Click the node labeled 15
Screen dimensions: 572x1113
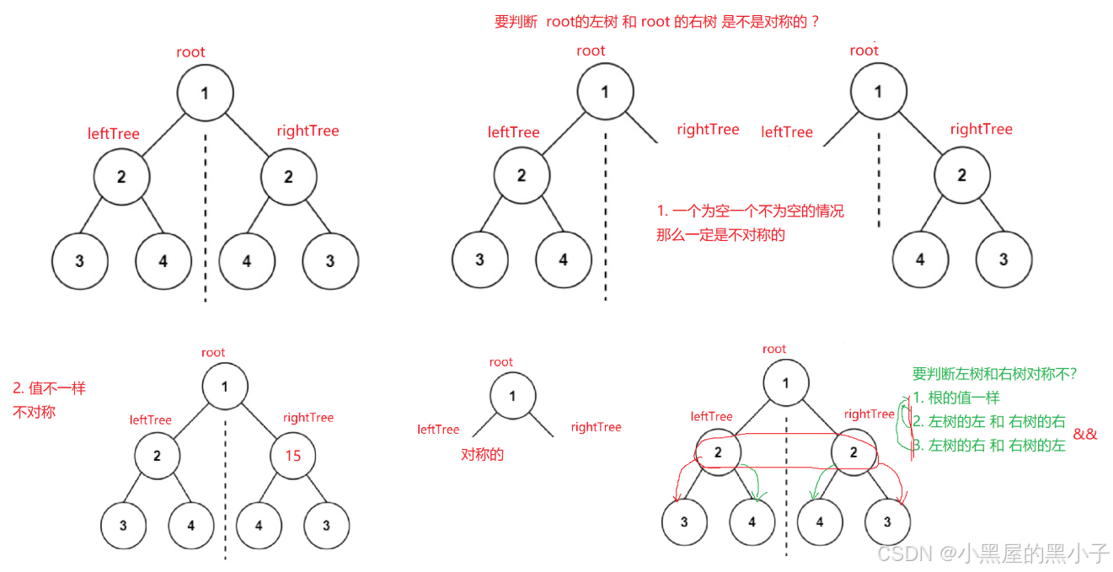292,456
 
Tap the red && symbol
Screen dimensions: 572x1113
1085,434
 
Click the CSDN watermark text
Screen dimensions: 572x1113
993,553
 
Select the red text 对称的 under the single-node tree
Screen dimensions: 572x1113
482,454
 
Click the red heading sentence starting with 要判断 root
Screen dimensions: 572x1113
656,23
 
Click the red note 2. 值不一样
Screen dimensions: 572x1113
50,388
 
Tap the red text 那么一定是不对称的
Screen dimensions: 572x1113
720,235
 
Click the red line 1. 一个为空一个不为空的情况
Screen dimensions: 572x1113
750,211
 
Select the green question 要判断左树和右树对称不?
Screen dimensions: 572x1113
995,374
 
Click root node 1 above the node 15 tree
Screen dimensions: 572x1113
225,388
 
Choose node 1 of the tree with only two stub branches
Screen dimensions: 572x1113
511,396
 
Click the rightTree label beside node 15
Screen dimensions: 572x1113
308,418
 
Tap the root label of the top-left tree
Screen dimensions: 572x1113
190,52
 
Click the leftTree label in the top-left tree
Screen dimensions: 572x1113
113,134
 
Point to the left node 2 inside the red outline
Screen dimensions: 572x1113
718,452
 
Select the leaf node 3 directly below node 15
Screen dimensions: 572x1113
326,526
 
